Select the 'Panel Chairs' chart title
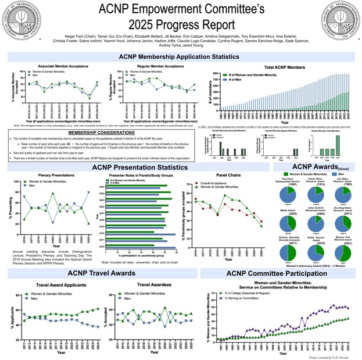click(x=227, y=174)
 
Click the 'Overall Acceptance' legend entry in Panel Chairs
click(x=219, y=182)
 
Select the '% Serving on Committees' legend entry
click(x=242, y=298)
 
